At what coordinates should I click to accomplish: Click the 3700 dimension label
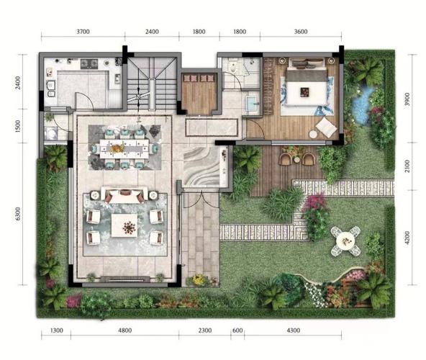83,32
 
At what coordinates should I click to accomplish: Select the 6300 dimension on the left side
18,214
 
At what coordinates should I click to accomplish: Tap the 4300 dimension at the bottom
294,330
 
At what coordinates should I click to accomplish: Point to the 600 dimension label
237,330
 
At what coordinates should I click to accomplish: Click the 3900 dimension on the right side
407,99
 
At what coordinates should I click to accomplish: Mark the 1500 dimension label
18,126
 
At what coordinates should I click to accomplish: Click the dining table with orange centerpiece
124,149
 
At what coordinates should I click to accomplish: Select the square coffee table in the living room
124,225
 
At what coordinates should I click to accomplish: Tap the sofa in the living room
124,194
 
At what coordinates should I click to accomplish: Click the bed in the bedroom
307,87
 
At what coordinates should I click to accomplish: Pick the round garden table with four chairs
345,241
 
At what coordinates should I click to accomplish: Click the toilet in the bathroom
232,66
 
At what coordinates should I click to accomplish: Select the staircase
152,83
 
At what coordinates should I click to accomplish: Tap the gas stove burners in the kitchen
89,63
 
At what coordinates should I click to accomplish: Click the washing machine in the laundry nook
51,134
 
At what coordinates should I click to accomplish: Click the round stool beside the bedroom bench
313,135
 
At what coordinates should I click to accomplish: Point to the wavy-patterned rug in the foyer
201,166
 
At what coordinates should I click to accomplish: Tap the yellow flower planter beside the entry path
200,281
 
